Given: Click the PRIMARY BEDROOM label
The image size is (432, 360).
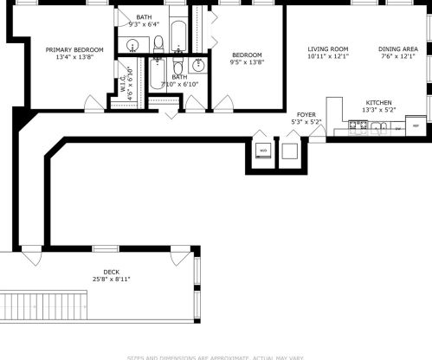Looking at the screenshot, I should coord(74,50).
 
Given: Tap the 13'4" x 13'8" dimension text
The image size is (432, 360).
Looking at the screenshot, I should coord(74,58).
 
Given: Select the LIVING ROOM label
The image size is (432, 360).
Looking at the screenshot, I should coord(327,49).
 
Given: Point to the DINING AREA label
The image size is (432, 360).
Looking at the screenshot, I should coord(399,49).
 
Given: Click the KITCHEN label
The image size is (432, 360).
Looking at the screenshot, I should coord(378,102).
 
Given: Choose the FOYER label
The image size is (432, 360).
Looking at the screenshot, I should coord(306,114).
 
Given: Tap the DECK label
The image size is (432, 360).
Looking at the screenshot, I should coord(111,271).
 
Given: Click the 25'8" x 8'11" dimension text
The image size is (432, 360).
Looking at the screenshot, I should coord(111,279).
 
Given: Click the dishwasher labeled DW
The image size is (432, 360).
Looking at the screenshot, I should coord(397,128).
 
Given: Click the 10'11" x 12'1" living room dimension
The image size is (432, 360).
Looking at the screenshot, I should coord(327,57).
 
